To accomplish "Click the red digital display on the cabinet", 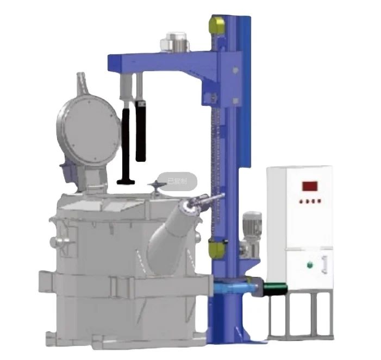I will (310, 186).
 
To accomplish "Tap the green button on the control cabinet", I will (310, 265).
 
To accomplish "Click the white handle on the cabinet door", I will (325, 263).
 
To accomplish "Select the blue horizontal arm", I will (163, 58).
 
